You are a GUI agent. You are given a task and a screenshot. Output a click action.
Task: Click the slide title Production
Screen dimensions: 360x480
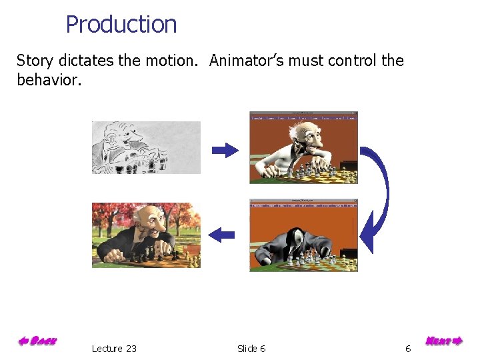click(x=121, y=25)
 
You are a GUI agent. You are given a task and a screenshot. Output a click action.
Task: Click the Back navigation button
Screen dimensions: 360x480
click(x=37, y=341)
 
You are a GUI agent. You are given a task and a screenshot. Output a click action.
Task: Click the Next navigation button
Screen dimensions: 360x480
click(x=443, y=341)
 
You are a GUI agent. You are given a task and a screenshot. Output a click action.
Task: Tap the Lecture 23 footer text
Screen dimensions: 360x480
click(x=114, y=349)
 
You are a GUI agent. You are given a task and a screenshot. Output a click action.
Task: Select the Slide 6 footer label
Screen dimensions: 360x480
click(x=251, y=349)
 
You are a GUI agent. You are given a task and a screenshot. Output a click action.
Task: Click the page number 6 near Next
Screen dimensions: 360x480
click(x=408, y=349)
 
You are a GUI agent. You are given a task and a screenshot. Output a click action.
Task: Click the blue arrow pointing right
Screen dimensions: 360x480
click(x=225, y=150)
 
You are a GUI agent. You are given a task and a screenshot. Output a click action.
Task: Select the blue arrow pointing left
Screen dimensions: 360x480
click(x=221, y=234)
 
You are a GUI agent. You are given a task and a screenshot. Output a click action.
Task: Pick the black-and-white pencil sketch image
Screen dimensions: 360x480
click(x=146, y=147)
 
